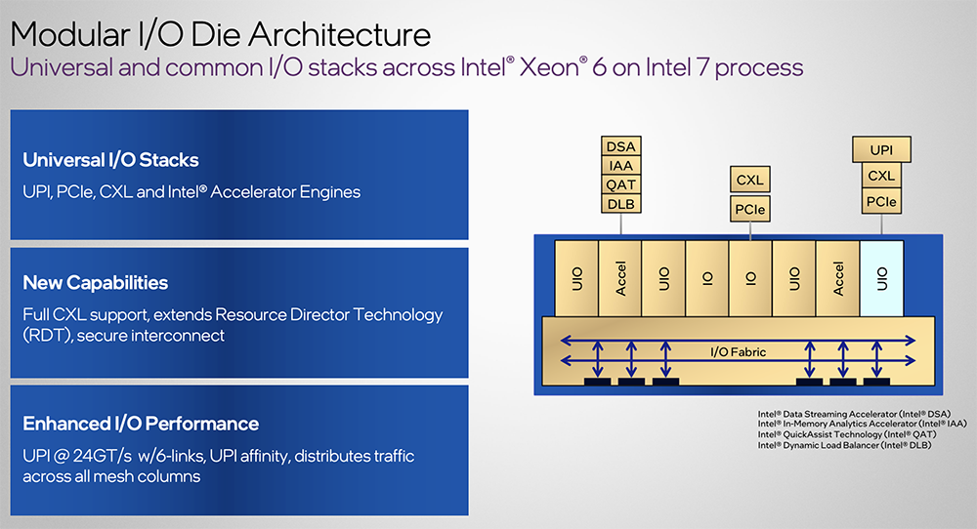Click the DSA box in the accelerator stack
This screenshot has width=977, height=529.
coord(621,146)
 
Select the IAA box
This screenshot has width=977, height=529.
coord(621,166)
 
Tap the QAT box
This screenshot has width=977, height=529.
coord(621,184)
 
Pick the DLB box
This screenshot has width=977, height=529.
coord(621,203)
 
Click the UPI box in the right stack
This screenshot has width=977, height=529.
coord(881,150)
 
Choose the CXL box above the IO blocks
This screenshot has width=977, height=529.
coord(749,180)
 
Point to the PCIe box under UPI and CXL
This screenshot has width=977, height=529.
coord(881,202)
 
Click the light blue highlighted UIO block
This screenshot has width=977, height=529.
coord(882,278)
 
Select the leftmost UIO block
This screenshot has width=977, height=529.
coord(575,278)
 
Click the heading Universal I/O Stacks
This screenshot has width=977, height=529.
coord(110,160)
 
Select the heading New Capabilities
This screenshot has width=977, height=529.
coord(96,283)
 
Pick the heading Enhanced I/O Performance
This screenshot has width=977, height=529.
coord(141,424)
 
